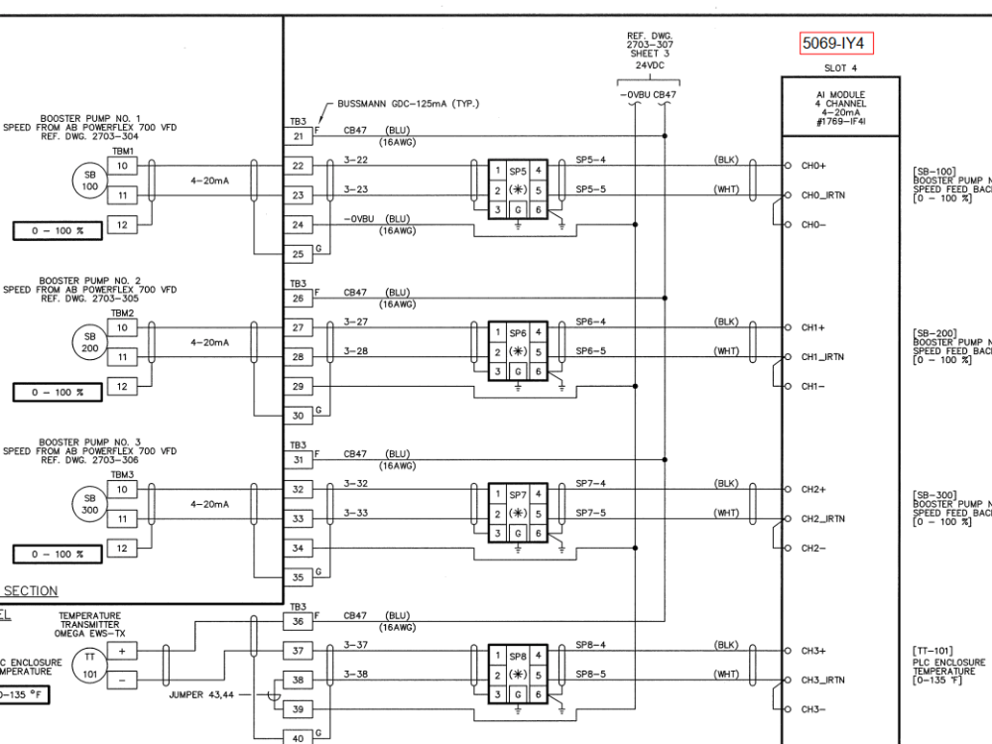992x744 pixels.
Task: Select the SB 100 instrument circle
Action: [90, 180]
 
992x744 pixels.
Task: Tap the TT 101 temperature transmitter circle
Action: [90, 665]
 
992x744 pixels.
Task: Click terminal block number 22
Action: [298, 166]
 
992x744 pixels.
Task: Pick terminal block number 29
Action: [298, 386]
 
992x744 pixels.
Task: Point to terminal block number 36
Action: [298, 622]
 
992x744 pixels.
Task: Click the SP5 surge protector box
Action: [518, 189]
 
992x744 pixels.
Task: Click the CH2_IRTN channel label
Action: [822, 519]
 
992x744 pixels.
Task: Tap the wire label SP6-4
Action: [590, 321]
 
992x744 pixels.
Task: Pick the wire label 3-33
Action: [356, 513]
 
